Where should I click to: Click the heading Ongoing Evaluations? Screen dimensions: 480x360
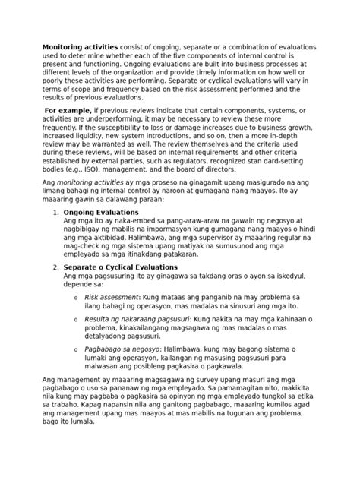pyautogui.click(x=101, y=211)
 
